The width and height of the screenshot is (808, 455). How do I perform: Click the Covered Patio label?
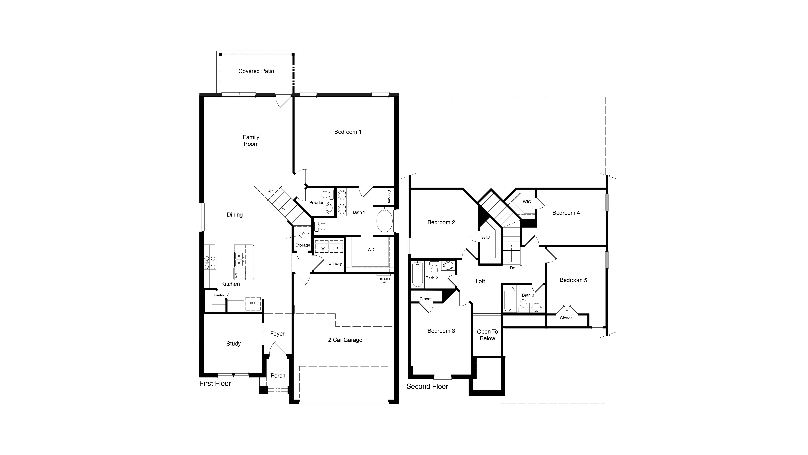[256, 71]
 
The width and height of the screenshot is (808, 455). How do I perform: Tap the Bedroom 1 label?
[348, 132]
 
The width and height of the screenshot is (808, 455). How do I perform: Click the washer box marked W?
[323, 248]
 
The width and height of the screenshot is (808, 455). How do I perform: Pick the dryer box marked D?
[336, 248]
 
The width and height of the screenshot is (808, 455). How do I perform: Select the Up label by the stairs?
[270, 191]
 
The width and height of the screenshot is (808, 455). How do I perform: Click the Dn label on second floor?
[512, 268]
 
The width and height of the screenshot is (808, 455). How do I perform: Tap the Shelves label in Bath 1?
[389, 196]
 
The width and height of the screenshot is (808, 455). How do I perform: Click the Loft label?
[480, 281]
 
